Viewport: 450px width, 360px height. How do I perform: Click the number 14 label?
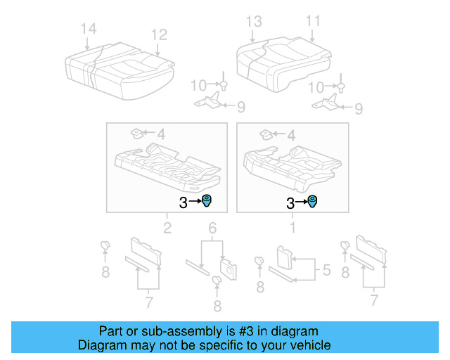pyautogui.click(x=88, y=28)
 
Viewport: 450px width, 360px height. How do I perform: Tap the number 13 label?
pyautogui.click(x=253, y=22)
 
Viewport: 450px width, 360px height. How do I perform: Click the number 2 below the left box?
pyautogui.click(x=167, y=227)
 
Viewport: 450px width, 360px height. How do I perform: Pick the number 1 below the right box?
pyautogui.click(x=293, y=227)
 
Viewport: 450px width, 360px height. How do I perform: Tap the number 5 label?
pyautogui.click(x=326, y=269)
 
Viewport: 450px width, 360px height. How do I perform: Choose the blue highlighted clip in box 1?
pyautogui.click(x=312, y=202)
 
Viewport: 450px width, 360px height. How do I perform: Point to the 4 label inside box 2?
pyautogui.click(x=160, y=133)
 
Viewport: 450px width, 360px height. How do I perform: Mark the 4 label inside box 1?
pyautogui.click(x=290, y=133)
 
